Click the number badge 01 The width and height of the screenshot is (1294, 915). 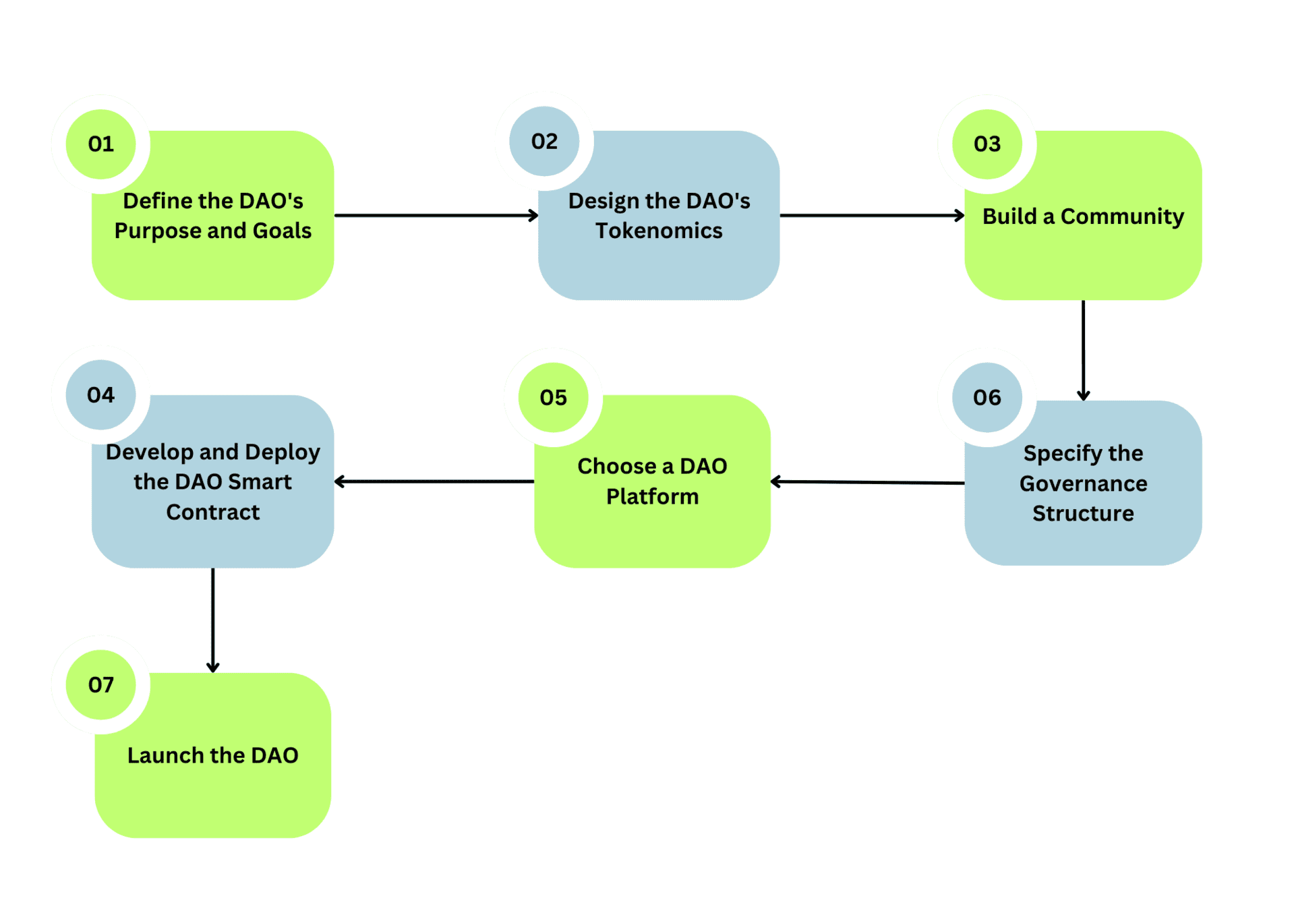[x=100, y=144]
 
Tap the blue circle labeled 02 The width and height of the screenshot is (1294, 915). [x=544, y=141]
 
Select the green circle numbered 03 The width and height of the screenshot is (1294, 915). [x=987, y=144]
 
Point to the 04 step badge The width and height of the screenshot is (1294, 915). [x=100, y=394]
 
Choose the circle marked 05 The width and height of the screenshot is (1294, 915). [x=553, y=397]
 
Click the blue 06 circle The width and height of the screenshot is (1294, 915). [x=987, y=397]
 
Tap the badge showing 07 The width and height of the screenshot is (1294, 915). [x=100, y=684]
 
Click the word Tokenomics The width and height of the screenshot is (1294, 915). [x=659, y=231]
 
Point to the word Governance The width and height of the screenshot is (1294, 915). [x=1083, y=483]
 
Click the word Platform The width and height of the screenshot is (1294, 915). [x=652, y=497]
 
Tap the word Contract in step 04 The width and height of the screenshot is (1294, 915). [x=212, y=512]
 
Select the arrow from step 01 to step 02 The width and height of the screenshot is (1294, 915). [x=436, y=215]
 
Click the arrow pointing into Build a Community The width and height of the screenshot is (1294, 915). [x=871, y=215]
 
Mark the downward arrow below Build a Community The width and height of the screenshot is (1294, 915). [x=1083, y=351]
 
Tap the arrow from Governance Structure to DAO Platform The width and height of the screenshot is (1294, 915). [x=867, y=482]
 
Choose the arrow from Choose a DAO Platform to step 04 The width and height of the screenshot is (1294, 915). [x=434, y=481]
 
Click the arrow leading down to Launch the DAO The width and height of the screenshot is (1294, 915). [x=212, y=620]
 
